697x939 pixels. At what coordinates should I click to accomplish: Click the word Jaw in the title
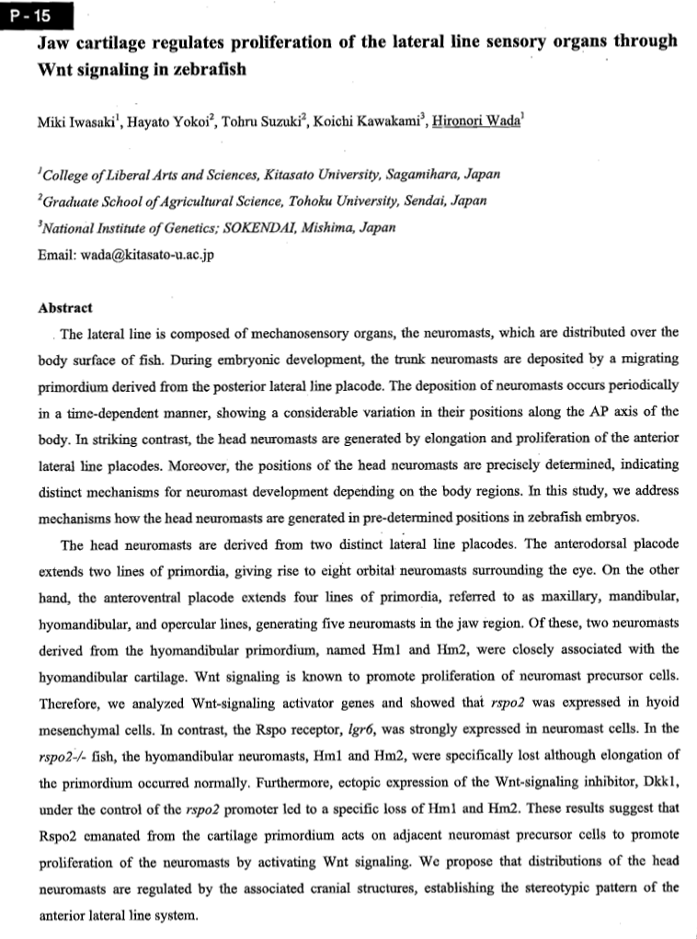coord(55,42)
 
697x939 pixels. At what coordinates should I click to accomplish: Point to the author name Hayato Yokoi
coord(172,126)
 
